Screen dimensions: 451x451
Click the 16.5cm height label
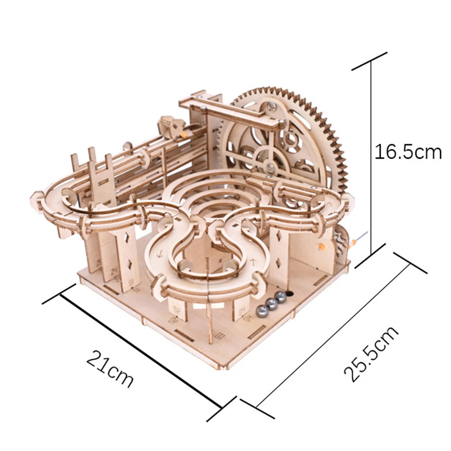click(408, 152)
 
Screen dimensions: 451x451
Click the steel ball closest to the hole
click(280, 297)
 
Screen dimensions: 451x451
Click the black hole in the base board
click(289, 293)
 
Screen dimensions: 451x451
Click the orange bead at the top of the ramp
click(184, 133)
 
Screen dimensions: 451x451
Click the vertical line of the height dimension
click(371, 158)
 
